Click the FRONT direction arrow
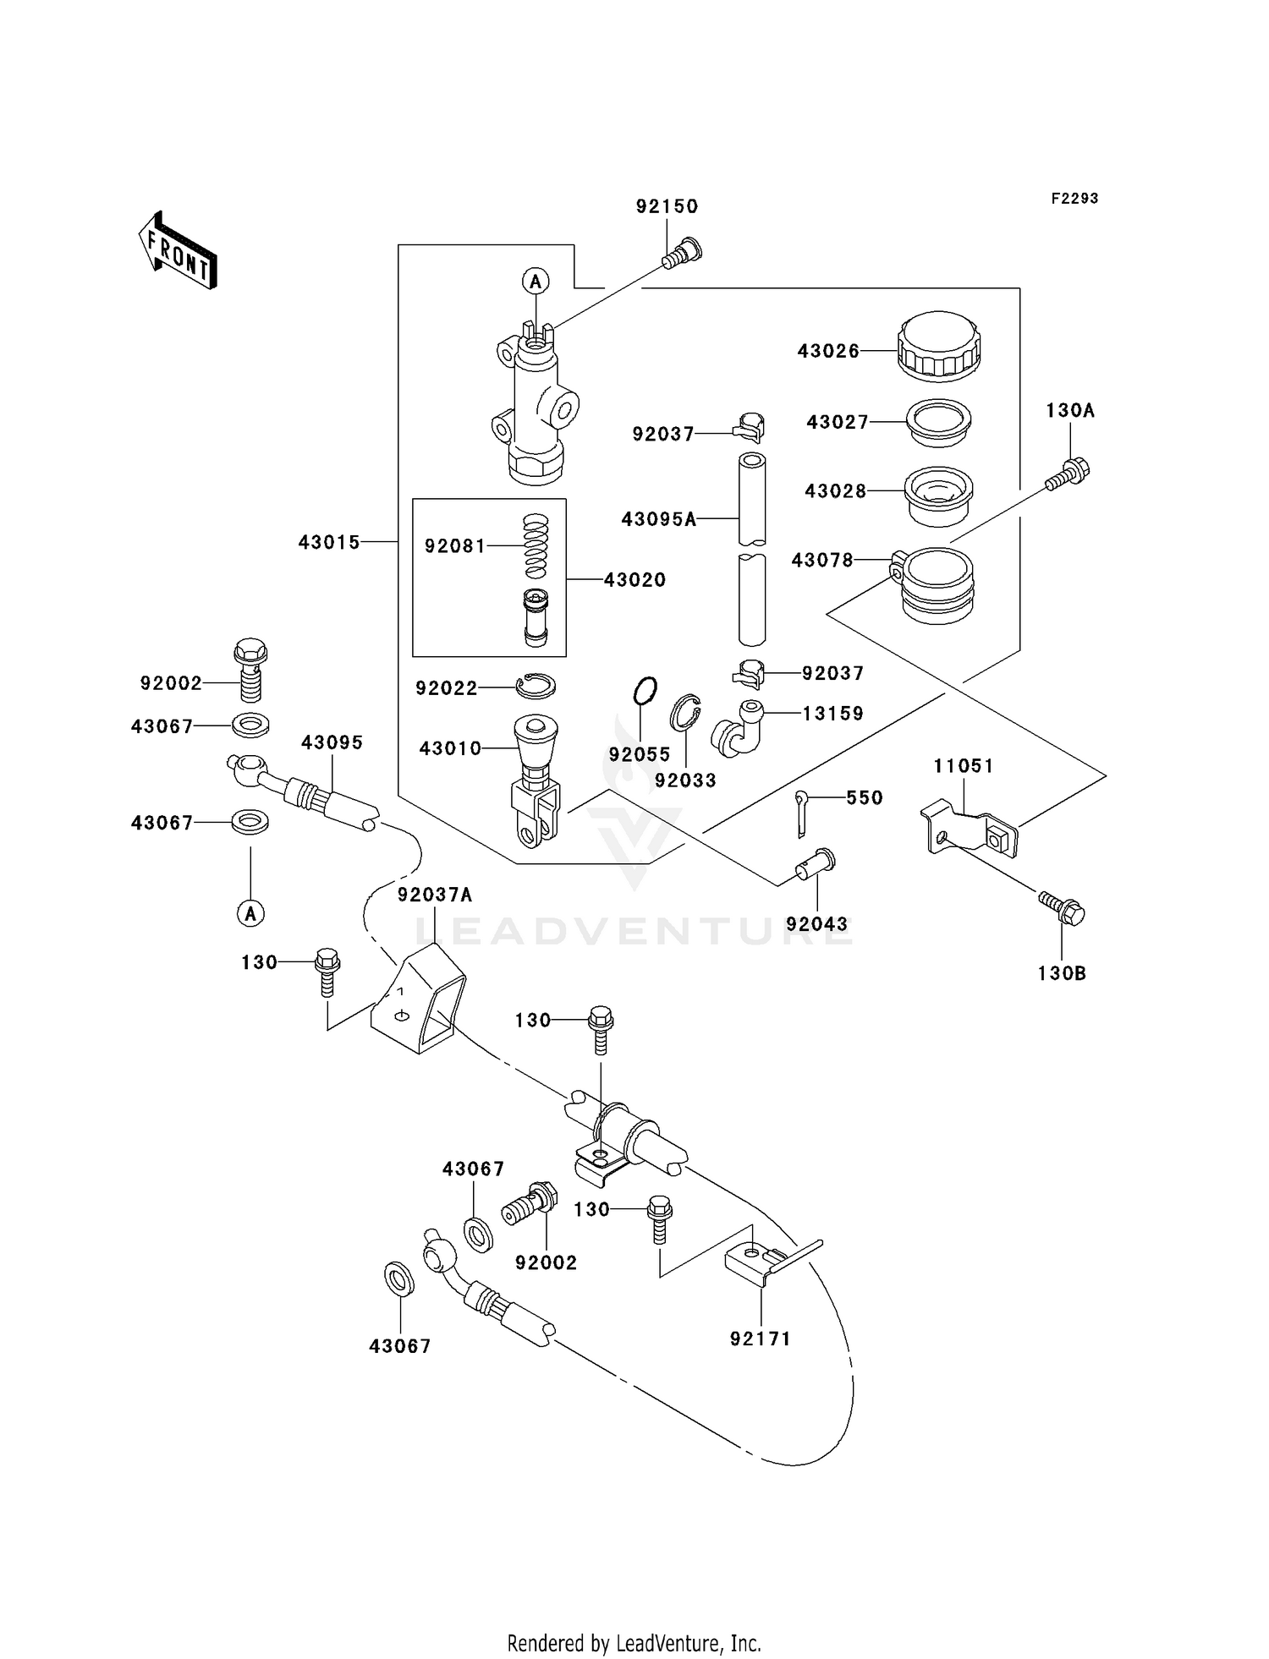coord(178,252)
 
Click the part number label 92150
coord(667,206)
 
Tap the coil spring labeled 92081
coord(535,546)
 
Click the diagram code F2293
coord(1074,199)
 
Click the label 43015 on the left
coord(329,542)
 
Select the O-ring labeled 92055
coord(645,691)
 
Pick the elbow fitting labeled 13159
coord(737,728)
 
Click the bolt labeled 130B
coord(1062,909)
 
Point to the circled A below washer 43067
coord(250,913)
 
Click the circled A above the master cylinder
coord(535,281)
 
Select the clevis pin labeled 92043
coord(814,863)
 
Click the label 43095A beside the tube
coord(658,519)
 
